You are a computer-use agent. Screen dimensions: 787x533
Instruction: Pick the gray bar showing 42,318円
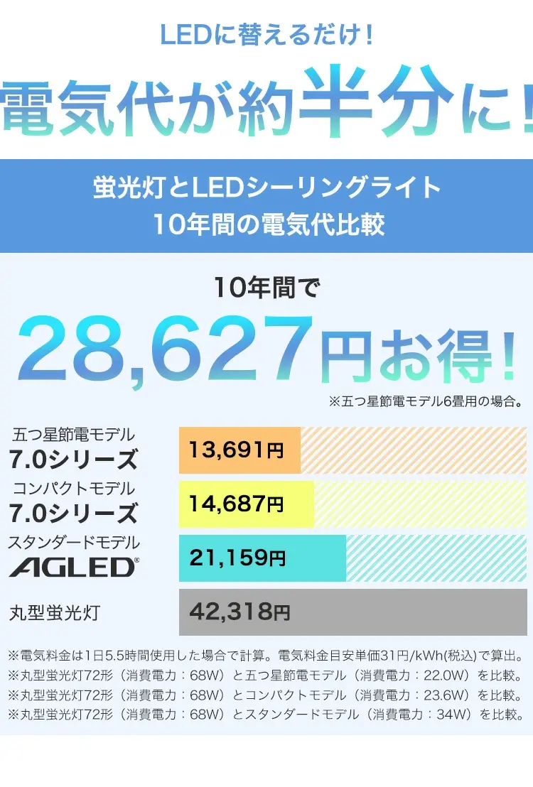pyautogui.click(x=352, y=612)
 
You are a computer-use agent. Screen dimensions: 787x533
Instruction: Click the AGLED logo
pyautogui.click(x=74, y=567)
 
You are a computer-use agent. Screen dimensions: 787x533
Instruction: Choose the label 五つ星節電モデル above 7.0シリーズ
pyautogui.click(x=73, y=435)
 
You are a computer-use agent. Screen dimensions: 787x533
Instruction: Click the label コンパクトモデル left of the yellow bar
pyautogui.click(x=73, y=489)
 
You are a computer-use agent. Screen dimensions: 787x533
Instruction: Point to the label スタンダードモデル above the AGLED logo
pyautogui.click(x=74, y=543)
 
